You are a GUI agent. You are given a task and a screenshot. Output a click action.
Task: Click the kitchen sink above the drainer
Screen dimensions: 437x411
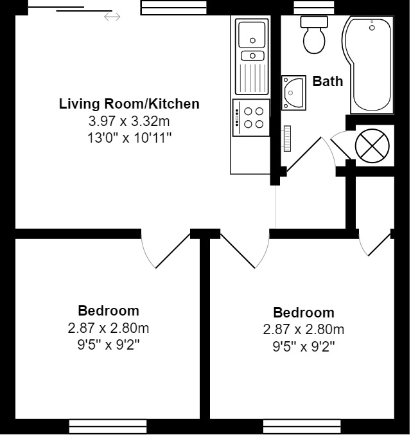point(252,33)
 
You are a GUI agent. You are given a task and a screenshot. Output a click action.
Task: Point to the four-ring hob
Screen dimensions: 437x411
point(251,118)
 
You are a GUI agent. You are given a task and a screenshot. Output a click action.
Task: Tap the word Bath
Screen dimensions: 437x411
point(328,82)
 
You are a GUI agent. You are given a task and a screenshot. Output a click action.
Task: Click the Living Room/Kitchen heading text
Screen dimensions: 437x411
point(129,103)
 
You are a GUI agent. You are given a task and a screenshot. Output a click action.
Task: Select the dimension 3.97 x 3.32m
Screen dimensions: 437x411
point(129,120)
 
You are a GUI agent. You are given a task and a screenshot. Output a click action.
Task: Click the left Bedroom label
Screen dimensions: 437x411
point(108,311)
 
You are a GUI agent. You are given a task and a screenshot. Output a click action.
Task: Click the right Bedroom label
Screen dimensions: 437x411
point(304,313)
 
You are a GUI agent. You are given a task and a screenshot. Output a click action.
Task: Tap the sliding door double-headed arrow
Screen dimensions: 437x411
point(112,17)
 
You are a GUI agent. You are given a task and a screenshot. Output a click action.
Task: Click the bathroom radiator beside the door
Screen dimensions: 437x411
point(288,139)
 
